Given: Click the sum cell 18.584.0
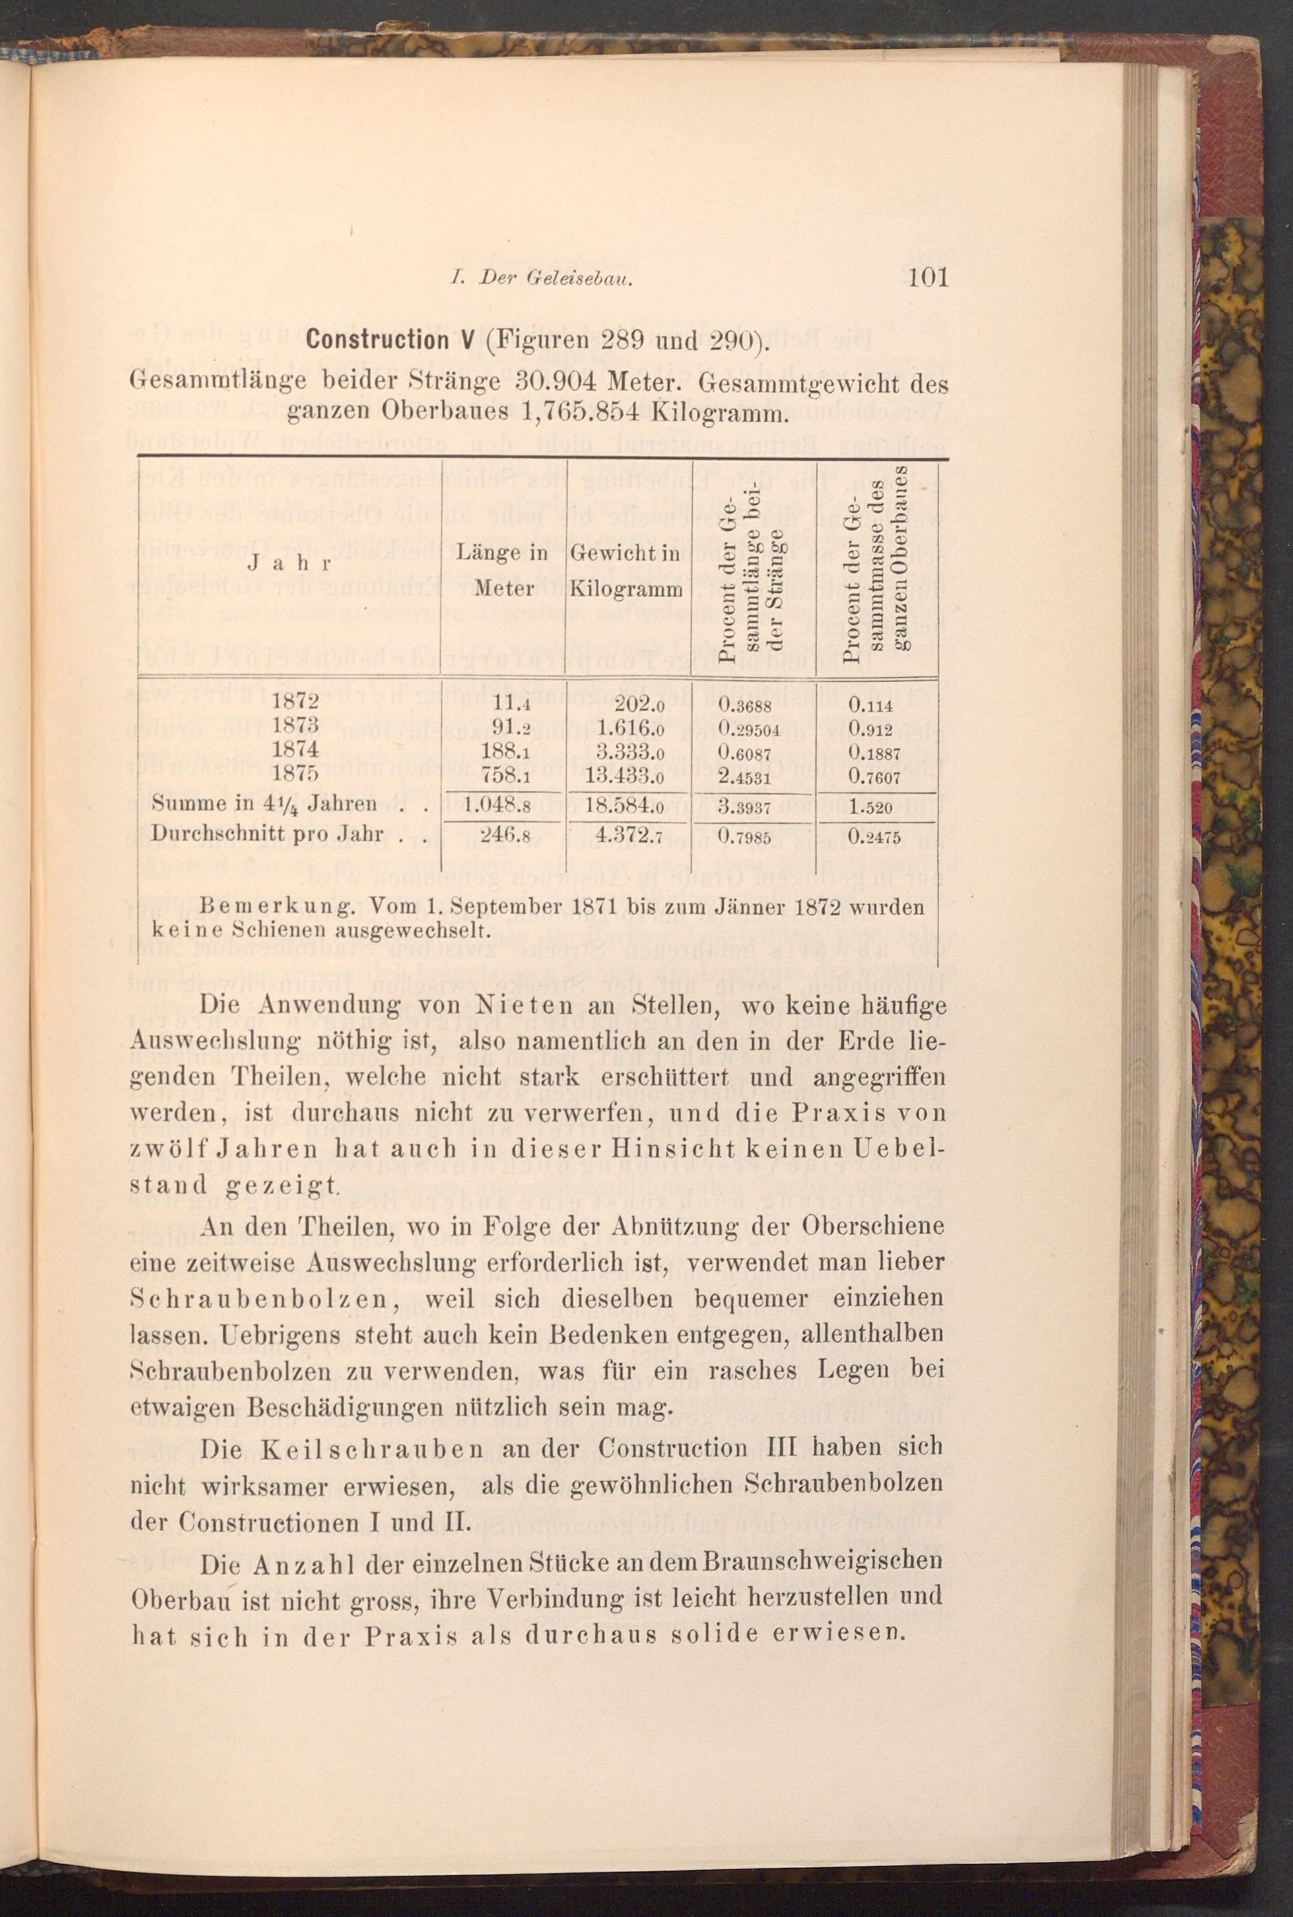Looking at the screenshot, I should pos(628,805).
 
